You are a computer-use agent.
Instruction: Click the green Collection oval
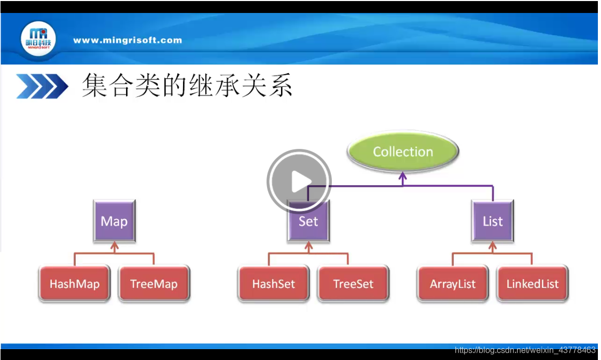403,152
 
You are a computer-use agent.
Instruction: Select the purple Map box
114,221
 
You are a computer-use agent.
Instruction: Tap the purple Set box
309,221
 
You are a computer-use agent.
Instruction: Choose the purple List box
493,221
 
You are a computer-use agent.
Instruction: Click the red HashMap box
74,284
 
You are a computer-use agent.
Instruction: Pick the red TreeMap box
154,284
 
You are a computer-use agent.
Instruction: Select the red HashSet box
273,284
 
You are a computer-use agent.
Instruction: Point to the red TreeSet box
353,284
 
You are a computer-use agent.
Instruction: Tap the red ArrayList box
453,284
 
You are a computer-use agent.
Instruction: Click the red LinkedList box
533,284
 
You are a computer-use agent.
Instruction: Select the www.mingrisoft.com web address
128,40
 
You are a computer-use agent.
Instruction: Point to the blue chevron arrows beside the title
42,86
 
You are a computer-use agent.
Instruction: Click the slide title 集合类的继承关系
187,86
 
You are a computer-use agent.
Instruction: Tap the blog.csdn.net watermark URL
525,351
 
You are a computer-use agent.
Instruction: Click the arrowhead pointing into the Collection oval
403,176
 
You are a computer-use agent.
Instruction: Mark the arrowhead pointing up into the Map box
115,245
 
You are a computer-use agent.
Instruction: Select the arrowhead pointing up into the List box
492,245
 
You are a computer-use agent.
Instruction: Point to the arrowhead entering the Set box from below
309,245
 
